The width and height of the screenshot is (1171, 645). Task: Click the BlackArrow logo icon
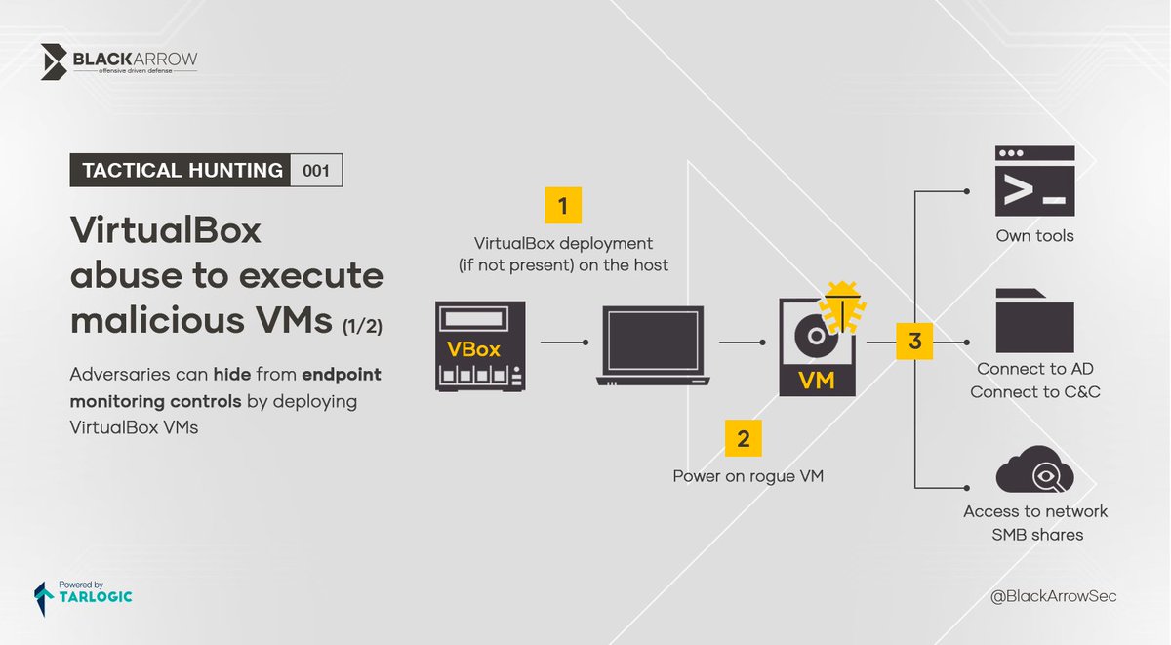[55, 62]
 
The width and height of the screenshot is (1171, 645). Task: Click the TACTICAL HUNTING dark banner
[181, 171]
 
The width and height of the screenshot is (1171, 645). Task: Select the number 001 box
[316, 171]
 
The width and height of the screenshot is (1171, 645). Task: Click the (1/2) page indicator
[362, 328]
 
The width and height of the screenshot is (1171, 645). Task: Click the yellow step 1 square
[562, 206]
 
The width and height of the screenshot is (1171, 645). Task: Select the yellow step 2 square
[744, 439]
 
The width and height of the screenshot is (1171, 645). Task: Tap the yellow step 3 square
[914, 342]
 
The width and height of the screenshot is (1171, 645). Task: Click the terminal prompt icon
[1034, 181]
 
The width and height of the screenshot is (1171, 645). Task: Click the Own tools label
[1034, 236]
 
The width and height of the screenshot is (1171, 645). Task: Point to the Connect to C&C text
[1034, 392]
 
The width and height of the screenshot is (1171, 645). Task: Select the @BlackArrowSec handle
[1053, 595]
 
